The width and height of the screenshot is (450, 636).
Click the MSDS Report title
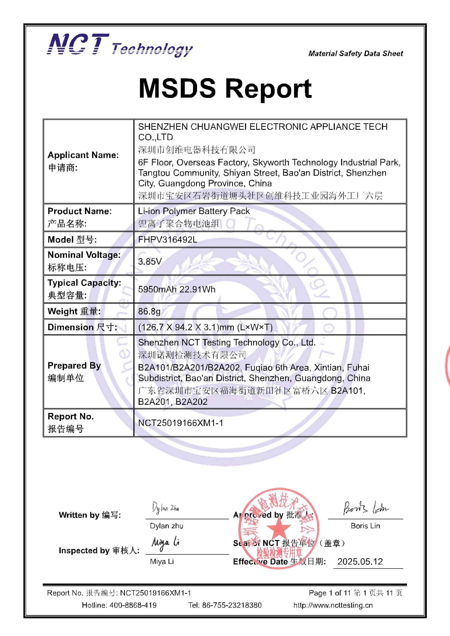(x=225, y=88)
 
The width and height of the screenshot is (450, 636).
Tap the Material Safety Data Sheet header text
(x=356, y=53)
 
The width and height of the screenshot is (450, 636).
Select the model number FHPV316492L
(x=168, y=239)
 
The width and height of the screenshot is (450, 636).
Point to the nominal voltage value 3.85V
(x=150, y=261)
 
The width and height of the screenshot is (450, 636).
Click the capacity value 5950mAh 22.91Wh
(x=177, y=289)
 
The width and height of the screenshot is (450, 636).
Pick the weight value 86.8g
(x=149, y=311)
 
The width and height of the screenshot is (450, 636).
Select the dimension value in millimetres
(x=205, y=327)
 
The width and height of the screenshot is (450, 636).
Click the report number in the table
(x=181, y=423)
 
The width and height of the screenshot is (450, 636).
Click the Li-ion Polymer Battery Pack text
(x=194, y=211)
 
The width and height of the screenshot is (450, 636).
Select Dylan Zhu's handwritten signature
(x=165, y=508)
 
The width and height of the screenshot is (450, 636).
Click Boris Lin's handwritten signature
(x=365, y=508)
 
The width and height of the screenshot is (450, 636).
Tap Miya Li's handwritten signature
(x=165, y=543)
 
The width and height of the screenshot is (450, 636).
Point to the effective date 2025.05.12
(x=360, y=561)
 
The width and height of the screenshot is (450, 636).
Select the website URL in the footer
(x=333, y=605)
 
